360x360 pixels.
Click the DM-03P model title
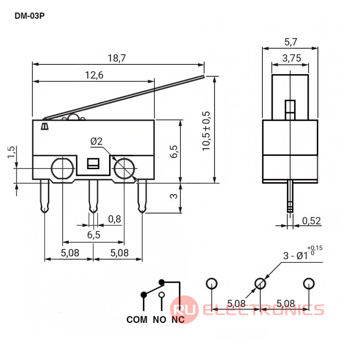click(x=29, y=16)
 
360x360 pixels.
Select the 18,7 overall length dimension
click(x=117, y=58)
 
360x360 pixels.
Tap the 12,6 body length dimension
click(x=94, y=75)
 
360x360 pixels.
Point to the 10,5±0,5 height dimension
click(x=206, y=131)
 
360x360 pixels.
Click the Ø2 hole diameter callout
click(x=97, y=141)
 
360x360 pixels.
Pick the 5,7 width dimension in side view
click(x=291, y=42)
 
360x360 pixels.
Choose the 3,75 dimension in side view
click(x=292, y=58)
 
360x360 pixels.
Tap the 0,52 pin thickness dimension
click(x=311, y=221)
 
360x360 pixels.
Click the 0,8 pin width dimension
click(x=115, y=219)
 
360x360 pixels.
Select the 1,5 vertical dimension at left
click(x=11, y=152)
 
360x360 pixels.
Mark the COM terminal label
click(x=137, y=319)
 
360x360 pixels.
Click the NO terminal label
click(x=159, y=319)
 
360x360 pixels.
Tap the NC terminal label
click(x=178, y=319)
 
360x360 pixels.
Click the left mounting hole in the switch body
click(x=62, y=169)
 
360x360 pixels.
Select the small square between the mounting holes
click(x=93, y=164)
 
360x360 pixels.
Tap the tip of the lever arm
click(x=204, y=77)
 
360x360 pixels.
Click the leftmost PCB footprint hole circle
click(x=211, y=283)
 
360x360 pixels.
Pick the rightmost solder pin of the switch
click(x=142, y=196)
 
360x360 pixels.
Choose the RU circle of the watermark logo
click(x=184, y=310)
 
